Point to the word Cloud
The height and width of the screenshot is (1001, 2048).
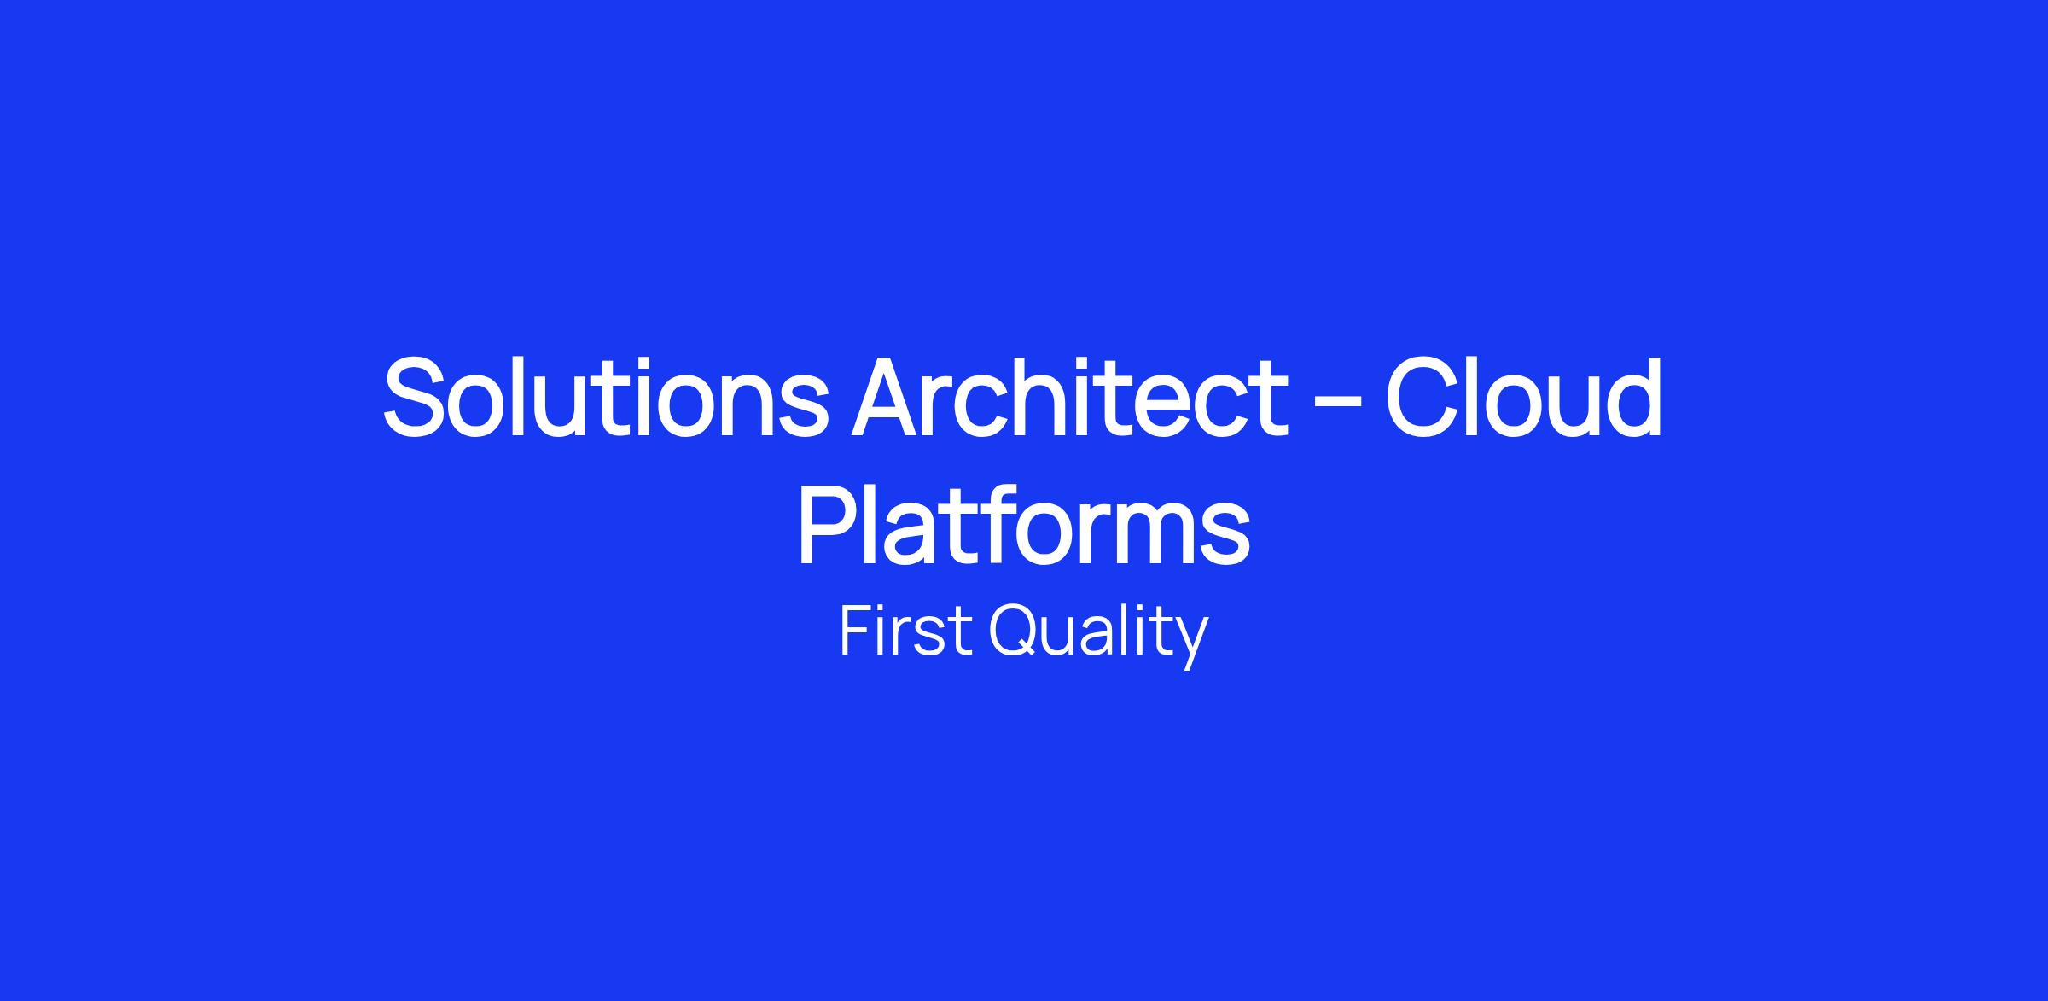[1523, 398]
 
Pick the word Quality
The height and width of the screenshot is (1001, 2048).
[1098, 636]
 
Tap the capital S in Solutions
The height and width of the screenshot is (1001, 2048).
[416, 398]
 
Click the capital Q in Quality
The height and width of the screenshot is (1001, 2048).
[1016, 631]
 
